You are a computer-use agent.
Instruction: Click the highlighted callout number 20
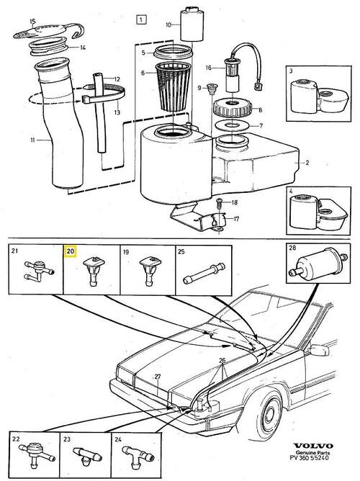pos(71,251)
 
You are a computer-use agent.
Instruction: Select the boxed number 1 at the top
pos(140,20)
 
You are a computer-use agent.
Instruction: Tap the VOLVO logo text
pos(312,446)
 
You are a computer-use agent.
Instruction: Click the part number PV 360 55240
pos(309,458)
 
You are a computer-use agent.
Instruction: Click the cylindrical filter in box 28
pos(318,263)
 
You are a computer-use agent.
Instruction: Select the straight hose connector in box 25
pos(204,273)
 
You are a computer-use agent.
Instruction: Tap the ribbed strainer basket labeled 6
pos(174,86)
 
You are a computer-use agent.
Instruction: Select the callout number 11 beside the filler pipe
pos(32,140)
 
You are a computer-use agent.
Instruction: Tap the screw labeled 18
pos(220,202)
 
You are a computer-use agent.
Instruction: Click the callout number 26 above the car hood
pos(222,360)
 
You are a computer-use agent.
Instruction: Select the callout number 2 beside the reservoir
pos(307,163)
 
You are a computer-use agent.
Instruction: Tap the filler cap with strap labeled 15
pos(49,31)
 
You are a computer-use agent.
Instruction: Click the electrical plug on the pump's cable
pos(258,86)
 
